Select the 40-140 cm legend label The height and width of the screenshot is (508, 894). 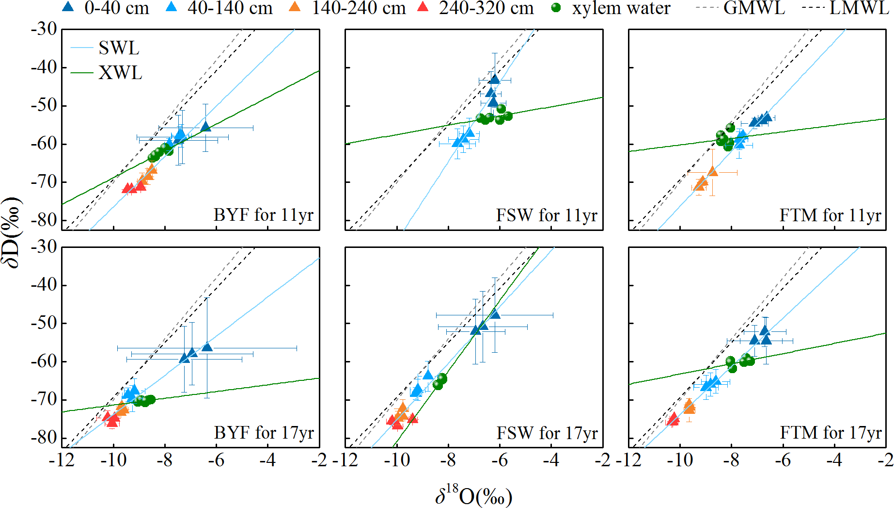(230, 8)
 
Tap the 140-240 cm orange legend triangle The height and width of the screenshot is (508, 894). (294, 7)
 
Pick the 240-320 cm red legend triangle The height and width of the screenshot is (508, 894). (423, 7)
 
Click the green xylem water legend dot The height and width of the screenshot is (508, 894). (556, 8)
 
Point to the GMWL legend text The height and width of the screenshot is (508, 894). (754, 8)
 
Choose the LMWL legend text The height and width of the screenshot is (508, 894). (859, 8)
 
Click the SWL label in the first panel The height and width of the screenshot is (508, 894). (119, 48)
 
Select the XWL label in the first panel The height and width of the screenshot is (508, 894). (120, 73)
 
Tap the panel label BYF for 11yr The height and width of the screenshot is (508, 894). (264, 214)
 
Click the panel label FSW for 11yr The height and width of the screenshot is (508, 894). (547, 215)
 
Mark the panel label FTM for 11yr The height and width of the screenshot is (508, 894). (830, 215)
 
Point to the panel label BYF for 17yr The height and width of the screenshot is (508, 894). (264, 432)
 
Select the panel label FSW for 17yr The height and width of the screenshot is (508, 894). (547, 433)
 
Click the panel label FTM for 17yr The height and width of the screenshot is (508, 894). (831, 432)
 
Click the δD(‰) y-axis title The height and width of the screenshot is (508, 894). (12, 233)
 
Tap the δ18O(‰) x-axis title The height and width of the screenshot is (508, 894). (473, 496)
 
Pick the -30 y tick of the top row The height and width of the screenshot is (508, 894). (44, 29)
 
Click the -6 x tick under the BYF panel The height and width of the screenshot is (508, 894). (216, 460)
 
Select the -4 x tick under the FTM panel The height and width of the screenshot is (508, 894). (834, 460)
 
